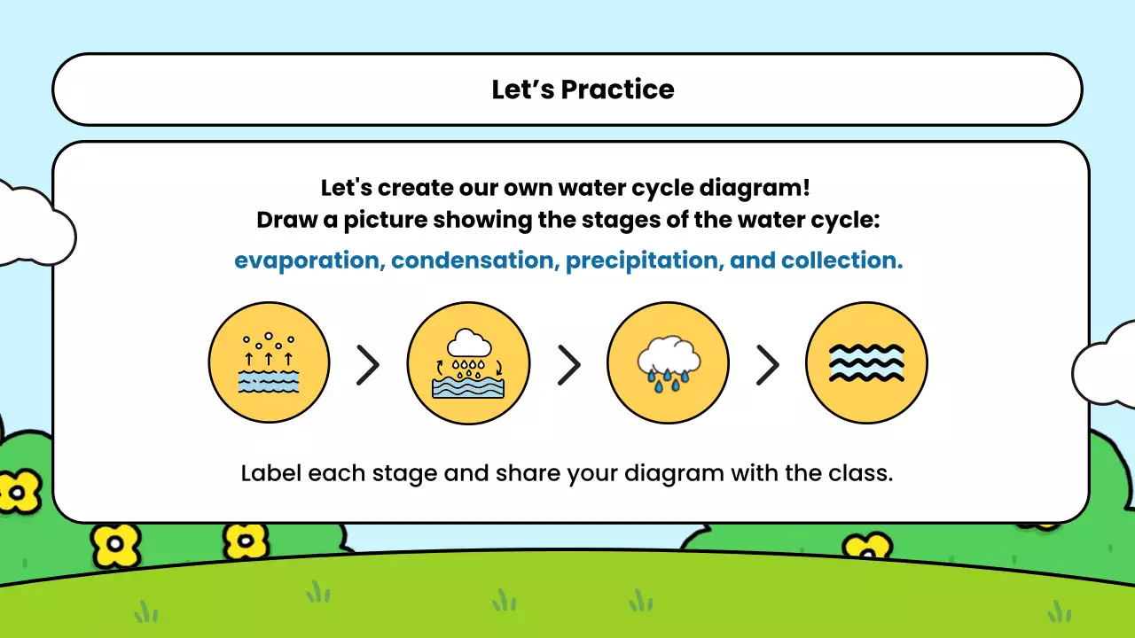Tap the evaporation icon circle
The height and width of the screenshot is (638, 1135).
[x=269, y=362]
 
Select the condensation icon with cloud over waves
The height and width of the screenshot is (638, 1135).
[x=468, y=362]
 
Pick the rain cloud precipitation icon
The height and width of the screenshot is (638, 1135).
[x=668, y=362]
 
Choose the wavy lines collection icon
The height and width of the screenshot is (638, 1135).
[x=866, y=362]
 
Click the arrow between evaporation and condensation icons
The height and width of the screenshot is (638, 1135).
[x=368, y=364]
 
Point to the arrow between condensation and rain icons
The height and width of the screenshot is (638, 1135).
[x=568, y=364]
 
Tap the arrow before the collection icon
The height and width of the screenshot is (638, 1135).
[x=767, y=364]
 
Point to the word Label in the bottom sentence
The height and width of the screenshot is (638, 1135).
[x=271, y=472]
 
